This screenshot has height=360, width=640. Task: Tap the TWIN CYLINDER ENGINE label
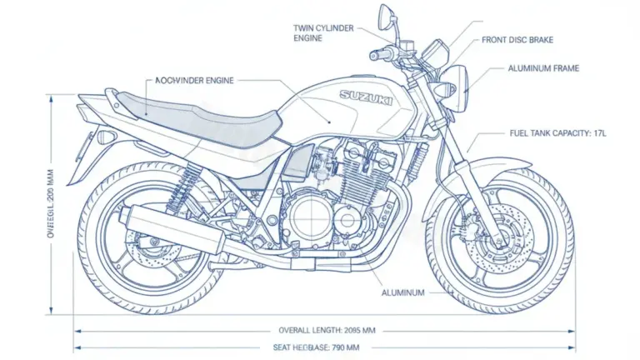pyautogui.click(x=323, y=32)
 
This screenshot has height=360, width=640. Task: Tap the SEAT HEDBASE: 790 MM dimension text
pyautogui.click(x=317, y=347)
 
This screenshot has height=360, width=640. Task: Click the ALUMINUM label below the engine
pyautogui.click(x=403, y=293)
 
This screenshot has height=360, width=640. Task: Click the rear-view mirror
pyautogui.click(x=386, y=14)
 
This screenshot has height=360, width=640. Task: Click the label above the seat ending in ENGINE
pyautogui.click(x=194, y=80)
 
